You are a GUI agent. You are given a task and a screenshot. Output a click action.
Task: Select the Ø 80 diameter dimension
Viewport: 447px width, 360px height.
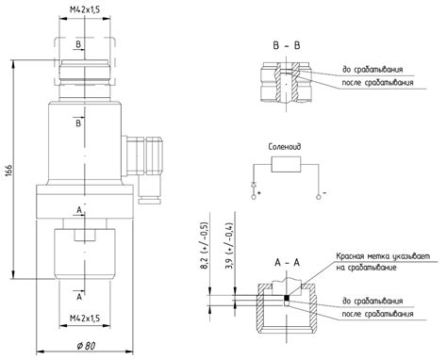(86, 346)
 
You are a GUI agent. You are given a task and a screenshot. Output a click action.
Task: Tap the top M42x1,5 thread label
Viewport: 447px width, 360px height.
(85, 9)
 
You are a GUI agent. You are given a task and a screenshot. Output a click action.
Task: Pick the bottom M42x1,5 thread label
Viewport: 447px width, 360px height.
(85, 319)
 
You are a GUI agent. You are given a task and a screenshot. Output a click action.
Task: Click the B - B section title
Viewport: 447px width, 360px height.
(287, 45)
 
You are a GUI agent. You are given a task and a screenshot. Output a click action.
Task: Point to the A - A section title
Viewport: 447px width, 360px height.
(288, 262)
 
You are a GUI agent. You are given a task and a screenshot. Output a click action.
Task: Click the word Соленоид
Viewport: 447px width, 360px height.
(285, 147)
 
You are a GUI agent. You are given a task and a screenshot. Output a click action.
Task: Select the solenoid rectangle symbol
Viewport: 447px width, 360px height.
(286, 164)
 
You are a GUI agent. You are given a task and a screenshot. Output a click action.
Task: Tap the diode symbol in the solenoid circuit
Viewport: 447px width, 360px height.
(254, 185)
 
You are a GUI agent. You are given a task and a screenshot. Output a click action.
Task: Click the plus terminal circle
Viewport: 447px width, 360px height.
(254, 197)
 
